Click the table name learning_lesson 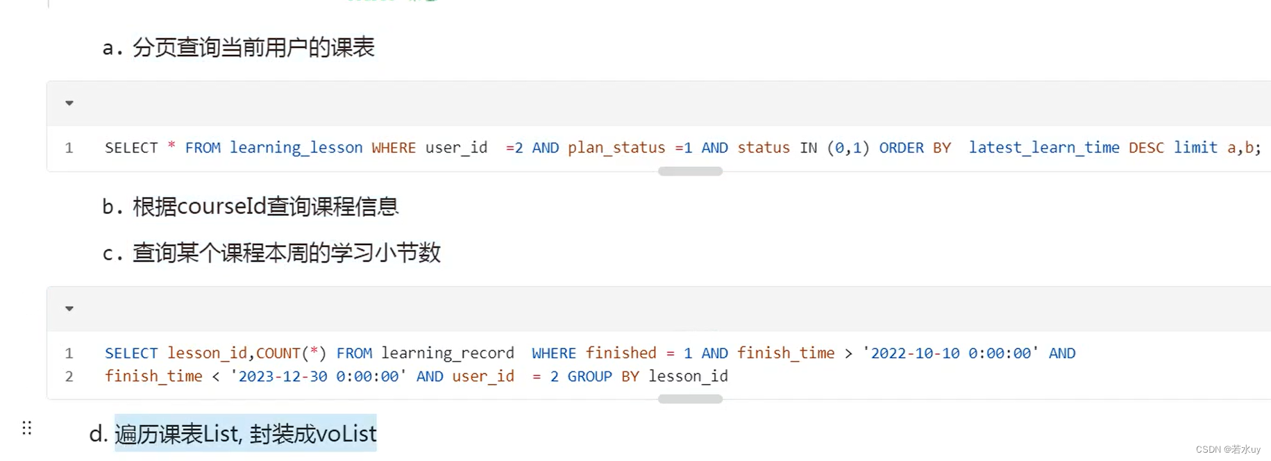click(x=296, y=148)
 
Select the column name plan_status click(x=616, y=148)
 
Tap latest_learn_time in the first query click(x=1043, y=148)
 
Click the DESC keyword click(x=1146, y=148)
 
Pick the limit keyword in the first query click(x=1195, y=148)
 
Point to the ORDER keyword click(x=901, y=148)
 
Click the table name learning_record click(x=447, y=353)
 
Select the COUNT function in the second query click(x=278, y=353)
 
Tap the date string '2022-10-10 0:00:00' click(x=950, y=353)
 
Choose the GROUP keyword click(x=589, y=376)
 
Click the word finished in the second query click(x=621, y=353)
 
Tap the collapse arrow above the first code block click(x=69, y=103)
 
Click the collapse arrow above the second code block click(x=69, y=309)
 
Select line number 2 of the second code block click(x=69, y=376)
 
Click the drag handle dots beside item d click(x=27, y=428)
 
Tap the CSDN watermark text click(x=1227, y=449)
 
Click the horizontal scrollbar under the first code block click(x=690, y=171)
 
